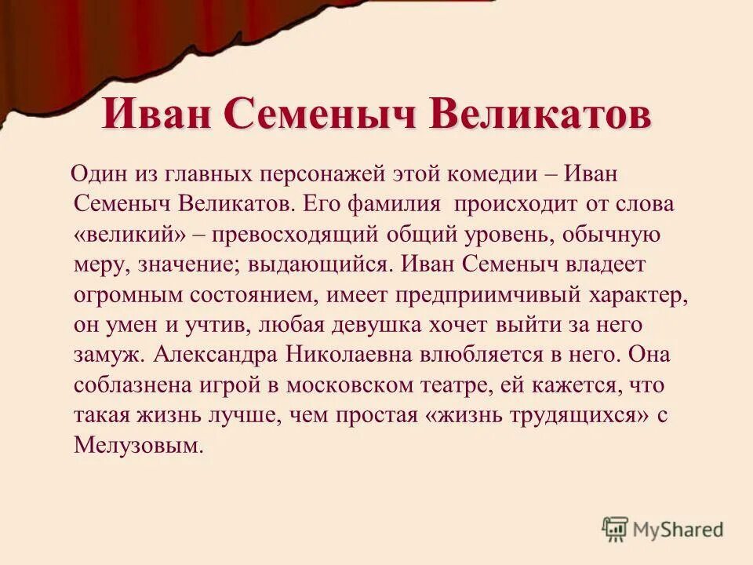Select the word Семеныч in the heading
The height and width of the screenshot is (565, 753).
[323, 115]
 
